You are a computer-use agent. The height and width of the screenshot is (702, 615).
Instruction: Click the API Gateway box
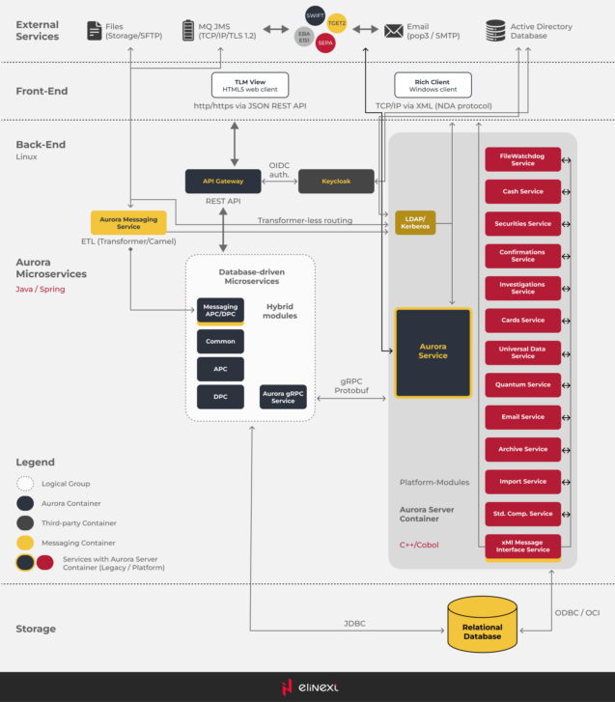click(223, 181)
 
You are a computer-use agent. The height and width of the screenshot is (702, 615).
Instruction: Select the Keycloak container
click(335, 181)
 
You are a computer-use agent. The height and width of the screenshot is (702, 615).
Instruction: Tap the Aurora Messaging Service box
click(128, 223)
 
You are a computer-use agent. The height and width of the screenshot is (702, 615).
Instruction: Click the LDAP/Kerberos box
click(414, 223)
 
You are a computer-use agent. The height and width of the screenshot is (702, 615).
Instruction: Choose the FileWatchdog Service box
click(522, 159)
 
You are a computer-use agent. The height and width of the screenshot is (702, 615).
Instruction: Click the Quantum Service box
click(522, 384)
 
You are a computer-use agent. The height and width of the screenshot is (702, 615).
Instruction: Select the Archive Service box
click(522, 449)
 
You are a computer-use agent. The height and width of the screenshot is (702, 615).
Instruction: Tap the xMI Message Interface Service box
click(522, 547)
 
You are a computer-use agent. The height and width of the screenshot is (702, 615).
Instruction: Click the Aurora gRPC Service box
click(283, 397)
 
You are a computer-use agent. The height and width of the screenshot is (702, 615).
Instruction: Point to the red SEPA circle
click(325, 43)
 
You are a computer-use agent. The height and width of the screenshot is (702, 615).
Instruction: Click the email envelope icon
click(394, 31)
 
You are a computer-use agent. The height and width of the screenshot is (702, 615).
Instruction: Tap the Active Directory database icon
click(495, 31)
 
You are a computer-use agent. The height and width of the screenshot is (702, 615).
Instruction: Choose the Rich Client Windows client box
click(433, 85)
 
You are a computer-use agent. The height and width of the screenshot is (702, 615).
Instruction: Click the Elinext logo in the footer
click(308, 687)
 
